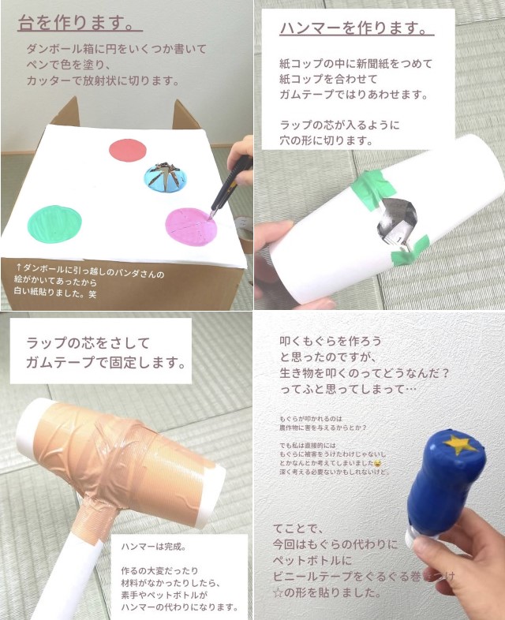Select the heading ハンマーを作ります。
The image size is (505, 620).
357,29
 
